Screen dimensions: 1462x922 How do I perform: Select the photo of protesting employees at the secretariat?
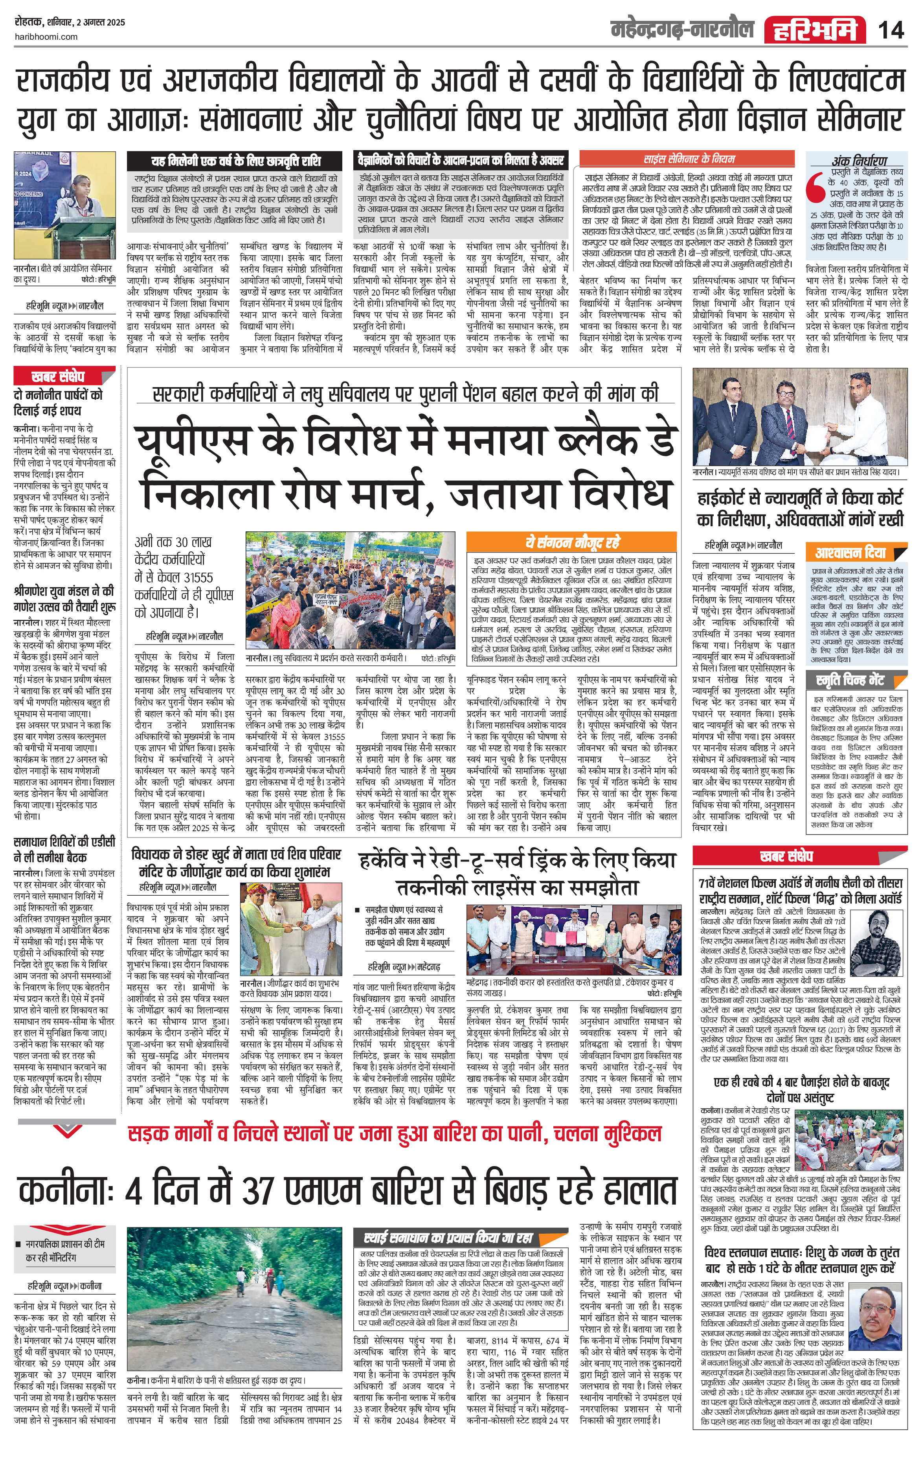click(350, 591)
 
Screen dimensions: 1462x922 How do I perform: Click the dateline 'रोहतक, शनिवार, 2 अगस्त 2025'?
click(70, 22)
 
